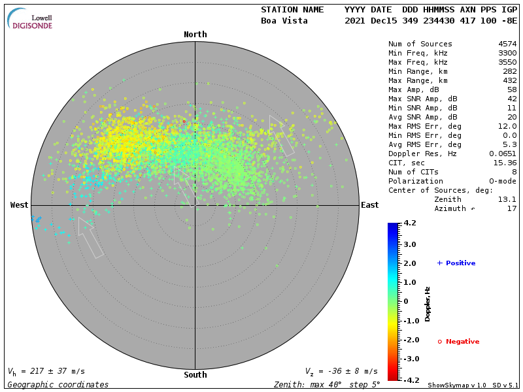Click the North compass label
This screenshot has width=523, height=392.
tap(195, 35)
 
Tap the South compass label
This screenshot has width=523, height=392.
tap(195, 375)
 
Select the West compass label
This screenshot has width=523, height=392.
tap(19, 205)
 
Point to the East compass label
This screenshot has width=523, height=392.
tap(369, 205)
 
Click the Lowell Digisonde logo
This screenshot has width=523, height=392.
tap(31, 19)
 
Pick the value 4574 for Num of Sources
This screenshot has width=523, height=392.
tap(507, 44)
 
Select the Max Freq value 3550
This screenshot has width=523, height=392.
tap(507, 63)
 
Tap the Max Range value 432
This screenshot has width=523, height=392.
tap(509, 81)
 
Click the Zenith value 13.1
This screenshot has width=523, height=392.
tap(507, 199)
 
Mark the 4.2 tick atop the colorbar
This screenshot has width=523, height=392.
tap(410, 223)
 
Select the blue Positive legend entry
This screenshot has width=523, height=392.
tap(456, 263)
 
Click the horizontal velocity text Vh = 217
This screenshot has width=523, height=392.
tap(46, 371)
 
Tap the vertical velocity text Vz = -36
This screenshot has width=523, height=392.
tap(341, 371)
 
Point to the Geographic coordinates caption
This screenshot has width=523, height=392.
tap(58, 385)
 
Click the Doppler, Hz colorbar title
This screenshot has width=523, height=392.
tap(428, 304)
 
